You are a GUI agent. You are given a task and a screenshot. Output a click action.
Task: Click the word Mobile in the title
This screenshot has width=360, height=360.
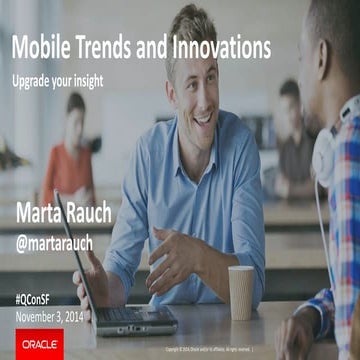[x=41, y=48]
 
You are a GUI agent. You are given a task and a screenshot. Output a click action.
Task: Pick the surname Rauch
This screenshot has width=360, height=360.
[x=112, y=212]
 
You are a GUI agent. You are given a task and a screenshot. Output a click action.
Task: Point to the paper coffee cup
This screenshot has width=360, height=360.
[x=241, y=291]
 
